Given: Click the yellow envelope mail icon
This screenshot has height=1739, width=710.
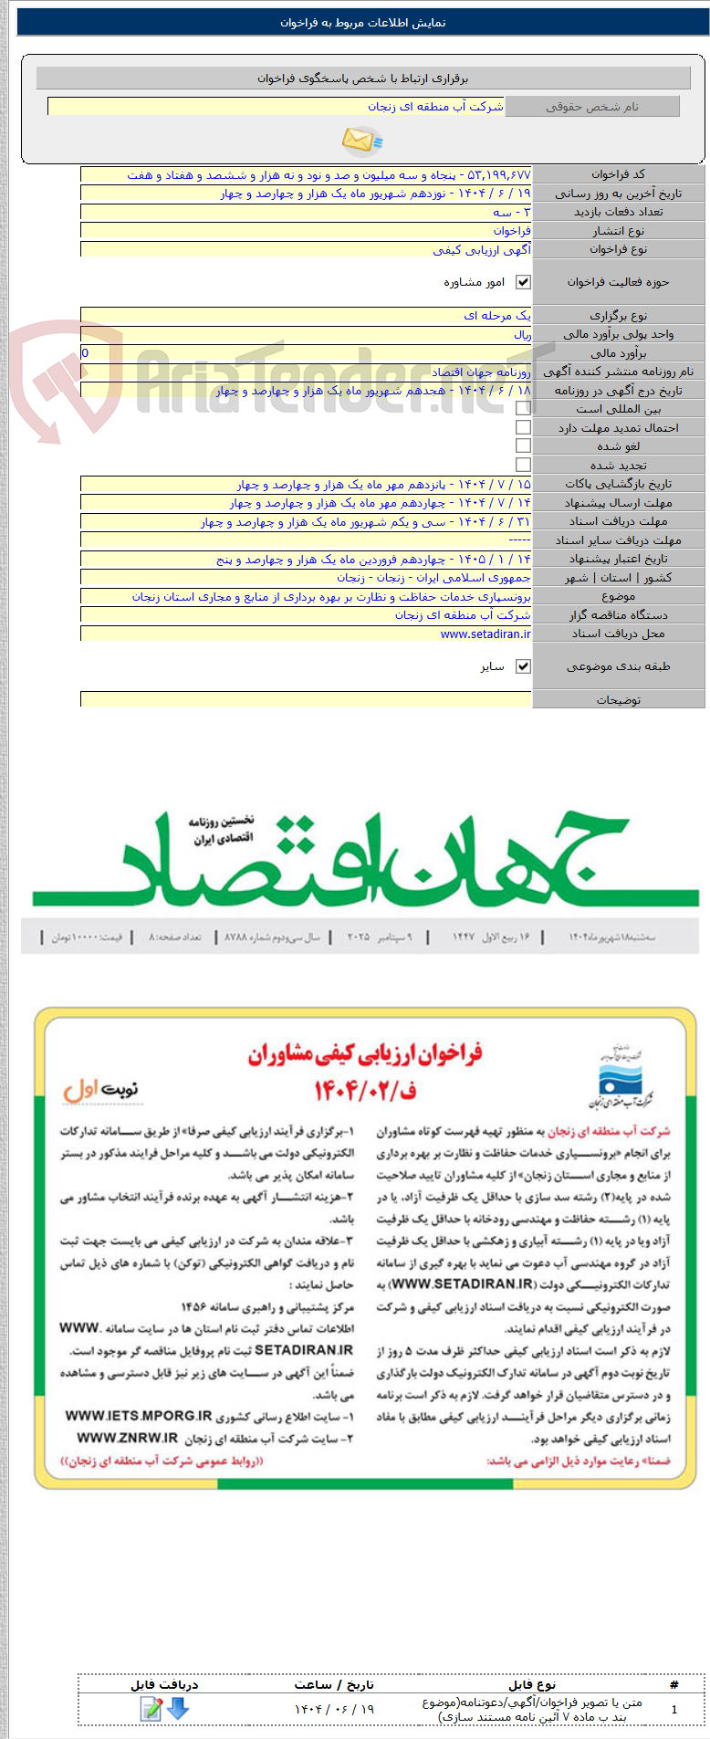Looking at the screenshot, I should tap(361, 141).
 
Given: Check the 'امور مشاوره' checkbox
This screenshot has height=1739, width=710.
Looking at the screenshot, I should tap(523, 282).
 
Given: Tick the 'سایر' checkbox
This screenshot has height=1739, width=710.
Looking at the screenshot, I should tap(523, 666).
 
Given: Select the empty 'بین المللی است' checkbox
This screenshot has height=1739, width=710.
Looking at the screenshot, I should tap(523, 409).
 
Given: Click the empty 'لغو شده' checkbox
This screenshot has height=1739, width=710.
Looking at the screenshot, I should tap(523, 445).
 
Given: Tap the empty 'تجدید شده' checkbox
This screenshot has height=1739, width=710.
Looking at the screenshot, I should tap(523, 465).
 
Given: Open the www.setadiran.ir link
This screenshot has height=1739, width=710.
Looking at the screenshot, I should tap(486, 634).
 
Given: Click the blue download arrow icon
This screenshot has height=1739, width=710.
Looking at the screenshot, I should tap(178, 1708).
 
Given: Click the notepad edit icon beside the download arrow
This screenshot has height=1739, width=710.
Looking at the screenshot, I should tap(151, 1708).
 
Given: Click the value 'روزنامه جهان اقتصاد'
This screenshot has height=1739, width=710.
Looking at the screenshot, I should tap(481, 372).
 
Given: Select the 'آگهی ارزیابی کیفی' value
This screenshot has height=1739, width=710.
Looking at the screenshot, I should tap(482, 249).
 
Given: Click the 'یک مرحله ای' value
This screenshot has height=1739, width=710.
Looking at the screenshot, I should tap(497, 316).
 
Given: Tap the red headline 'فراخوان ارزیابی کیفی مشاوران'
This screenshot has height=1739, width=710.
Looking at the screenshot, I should tap(364, 1055).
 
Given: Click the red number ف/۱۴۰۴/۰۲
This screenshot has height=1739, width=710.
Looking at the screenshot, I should tap(364, 1089).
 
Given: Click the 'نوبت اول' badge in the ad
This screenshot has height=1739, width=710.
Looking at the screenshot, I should tap(100, 1089).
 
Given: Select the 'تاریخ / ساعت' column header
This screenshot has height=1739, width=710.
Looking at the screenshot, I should tap(334, 1685).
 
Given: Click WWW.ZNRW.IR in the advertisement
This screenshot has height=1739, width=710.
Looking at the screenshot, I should tap(127, 1437).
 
